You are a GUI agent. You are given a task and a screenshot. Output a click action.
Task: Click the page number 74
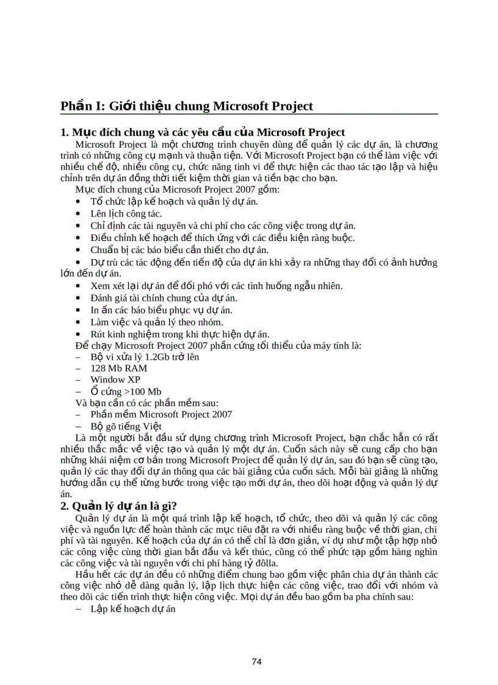point(257,662)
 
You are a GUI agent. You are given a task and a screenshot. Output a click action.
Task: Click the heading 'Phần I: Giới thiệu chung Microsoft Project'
point(186,106)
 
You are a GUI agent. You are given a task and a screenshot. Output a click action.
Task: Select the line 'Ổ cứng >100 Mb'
point(126,392)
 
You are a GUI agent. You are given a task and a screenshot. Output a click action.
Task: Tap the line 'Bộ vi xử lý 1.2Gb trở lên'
point(145,356)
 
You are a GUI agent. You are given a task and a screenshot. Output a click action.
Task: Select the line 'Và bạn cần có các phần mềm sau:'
point(146,403)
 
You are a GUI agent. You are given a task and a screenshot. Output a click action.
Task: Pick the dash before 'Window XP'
point(78,379)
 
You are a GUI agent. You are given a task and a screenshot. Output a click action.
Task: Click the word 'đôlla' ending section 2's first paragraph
point(264,563)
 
